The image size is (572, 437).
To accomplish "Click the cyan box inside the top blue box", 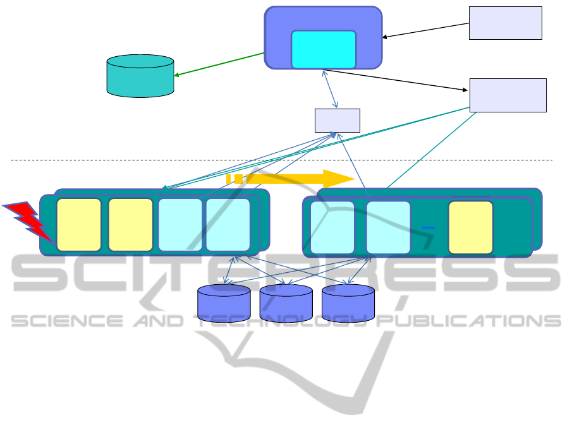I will click(x=323, y=49).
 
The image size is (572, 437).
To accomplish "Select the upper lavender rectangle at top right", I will click(x=505, y=23).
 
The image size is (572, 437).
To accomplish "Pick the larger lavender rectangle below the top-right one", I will click(x=508, y=95).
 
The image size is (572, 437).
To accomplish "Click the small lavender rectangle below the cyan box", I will click(x=337, y=120).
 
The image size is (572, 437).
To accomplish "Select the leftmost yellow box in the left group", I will click(x=78, y=224).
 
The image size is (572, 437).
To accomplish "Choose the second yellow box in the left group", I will click(x=130, y=224).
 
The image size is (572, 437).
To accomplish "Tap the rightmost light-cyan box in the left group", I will click(x=228, y=224).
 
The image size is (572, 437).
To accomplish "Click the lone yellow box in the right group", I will click(x=470, y=227).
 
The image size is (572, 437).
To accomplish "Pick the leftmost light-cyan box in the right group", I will click(x=332, y=227).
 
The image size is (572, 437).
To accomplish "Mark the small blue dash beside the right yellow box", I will click(x=428, y=227).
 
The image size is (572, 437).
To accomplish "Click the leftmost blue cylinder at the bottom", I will click(x=224, y=302).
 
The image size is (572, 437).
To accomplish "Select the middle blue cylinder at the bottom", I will click(x=286, y=302).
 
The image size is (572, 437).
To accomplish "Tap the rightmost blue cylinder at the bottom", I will click(x=348, y=302).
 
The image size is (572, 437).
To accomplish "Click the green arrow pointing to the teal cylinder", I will click(x=219, y=64).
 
